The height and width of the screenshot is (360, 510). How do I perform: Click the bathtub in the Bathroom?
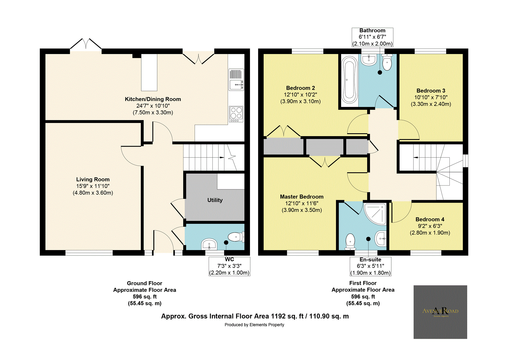tap(349, 80)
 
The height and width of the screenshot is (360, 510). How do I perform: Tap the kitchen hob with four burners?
tap(236, 114)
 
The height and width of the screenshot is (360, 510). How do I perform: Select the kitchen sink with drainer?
tap(236, 80)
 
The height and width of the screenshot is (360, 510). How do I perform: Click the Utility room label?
tap(215, 200)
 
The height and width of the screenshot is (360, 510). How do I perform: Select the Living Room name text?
tap(93, 179)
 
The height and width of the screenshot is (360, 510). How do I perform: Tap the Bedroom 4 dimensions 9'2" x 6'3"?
tap(430, 226)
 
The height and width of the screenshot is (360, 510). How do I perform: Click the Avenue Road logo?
tap(440, 312)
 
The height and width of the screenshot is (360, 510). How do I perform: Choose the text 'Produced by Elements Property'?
tap(254, 325)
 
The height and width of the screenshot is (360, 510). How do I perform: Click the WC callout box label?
tap(229, 260)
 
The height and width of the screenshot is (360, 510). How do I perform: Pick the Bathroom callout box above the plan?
tap(372, 37)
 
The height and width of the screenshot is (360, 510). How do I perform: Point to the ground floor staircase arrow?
tap(221, 157)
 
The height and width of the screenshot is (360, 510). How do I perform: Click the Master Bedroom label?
tap(301, 197)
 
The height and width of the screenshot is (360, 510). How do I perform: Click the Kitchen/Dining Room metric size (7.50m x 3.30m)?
tap(153, 113)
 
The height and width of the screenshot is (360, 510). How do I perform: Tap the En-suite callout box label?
tap(370, 260)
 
